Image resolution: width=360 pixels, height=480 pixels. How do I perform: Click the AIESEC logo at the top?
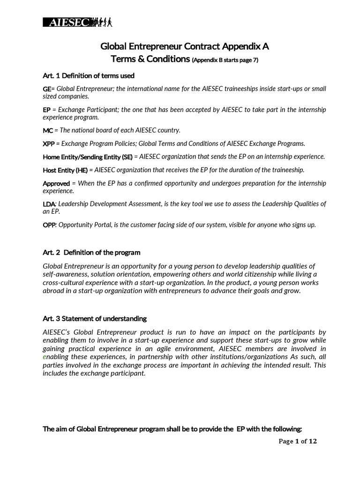click(78, 22)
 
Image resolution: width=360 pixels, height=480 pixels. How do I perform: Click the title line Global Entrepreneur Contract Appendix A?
click(185, 46)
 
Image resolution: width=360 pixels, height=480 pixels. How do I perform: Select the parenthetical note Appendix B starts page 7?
click(225, 60)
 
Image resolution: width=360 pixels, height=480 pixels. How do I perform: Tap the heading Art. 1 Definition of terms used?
click(89, 76)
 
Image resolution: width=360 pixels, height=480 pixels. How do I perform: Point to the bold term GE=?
click(48, 89)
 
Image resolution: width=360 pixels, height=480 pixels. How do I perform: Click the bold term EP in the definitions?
click(47, 110)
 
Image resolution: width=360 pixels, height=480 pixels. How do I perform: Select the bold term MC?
click(48, 130)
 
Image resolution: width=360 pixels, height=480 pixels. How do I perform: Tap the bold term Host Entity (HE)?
click(65, 170)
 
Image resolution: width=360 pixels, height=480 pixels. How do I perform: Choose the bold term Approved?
click(56, 183)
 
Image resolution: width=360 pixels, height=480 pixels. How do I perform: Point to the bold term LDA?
click(49, 204)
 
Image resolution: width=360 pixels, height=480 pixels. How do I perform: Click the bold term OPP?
click(49, 225)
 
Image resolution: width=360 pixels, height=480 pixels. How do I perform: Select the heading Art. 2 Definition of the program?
click(91, 253)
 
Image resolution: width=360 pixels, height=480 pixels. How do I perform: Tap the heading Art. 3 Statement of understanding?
click(95, 318)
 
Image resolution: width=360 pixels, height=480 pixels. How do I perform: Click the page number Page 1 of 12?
click(298, 441)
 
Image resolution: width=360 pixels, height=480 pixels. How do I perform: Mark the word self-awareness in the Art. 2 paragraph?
click(64, 274)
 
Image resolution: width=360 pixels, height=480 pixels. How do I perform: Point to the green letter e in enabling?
click(45, 357)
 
